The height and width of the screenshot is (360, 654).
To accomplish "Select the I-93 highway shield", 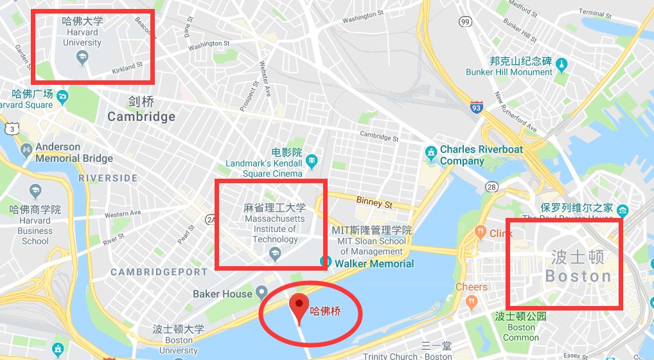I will (476, 106).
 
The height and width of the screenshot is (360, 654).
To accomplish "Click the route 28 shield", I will (493, 186).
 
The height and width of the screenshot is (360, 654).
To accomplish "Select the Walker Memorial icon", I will (326, 263).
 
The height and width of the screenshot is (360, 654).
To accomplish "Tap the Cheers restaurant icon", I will (472, 300).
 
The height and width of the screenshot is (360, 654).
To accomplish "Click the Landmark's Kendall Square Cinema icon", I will (312, 159).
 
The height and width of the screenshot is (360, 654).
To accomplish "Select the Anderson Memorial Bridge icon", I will (26, 151).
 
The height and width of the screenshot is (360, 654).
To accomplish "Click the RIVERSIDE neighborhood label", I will (108, 177).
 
